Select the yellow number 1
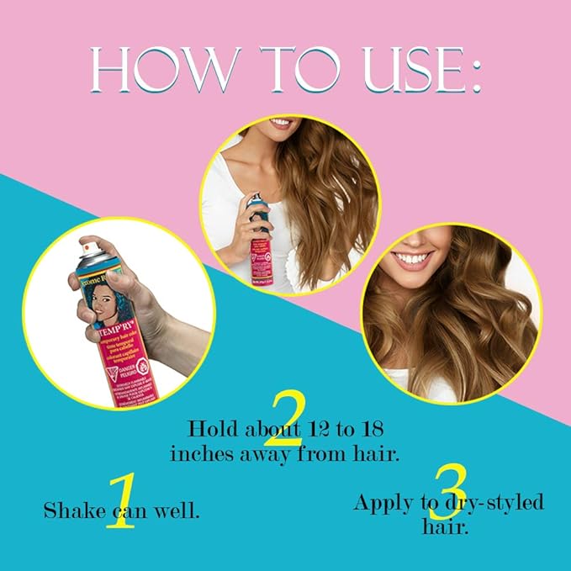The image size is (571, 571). [x=120, y=501]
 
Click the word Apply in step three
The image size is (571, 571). [x=382, y=504]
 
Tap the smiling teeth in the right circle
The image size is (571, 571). [x=415, y=257]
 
